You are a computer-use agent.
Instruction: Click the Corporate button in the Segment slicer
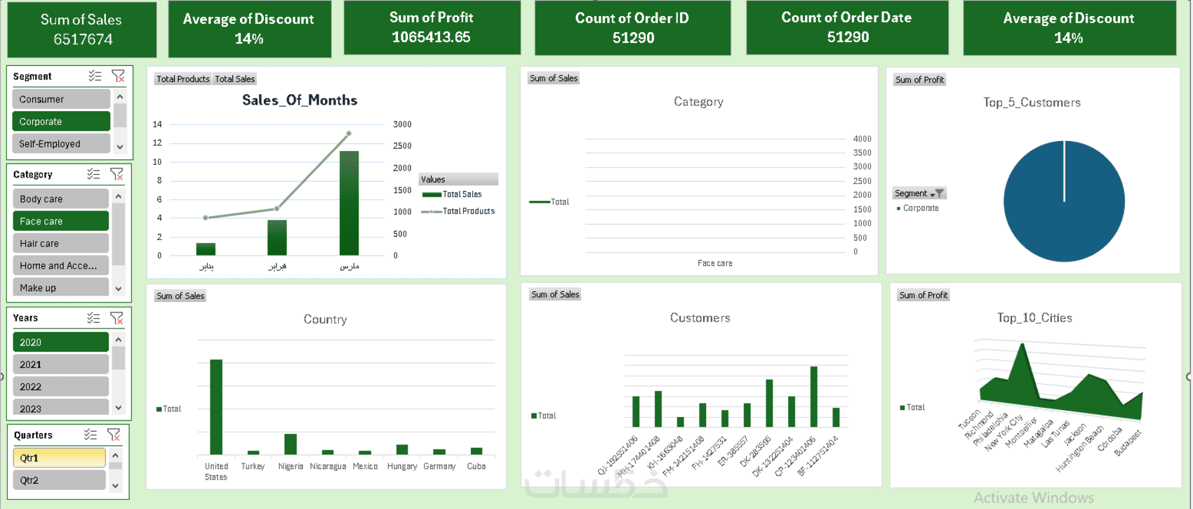click(61, 121)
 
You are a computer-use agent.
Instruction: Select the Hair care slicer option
click(61, 244)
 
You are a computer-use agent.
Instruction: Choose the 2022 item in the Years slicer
click(61, 387)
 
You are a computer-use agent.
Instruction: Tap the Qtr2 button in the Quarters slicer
click(59, 480)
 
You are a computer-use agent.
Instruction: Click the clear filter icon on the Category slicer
click(116, 174)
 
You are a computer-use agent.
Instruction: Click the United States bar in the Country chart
click(216, 406)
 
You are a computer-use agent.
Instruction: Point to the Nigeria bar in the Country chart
click(291, 444)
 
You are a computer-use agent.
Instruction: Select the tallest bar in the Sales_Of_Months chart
click(349, 203)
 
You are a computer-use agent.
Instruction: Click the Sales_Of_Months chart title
click(300, 100)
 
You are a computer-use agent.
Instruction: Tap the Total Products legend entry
click(468, 211)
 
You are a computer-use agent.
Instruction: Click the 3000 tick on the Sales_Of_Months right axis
click(402, 124)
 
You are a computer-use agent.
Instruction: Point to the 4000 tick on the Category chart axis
click(862, 139)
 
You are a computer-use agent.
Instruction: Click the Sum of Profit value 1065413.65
click(431, 37)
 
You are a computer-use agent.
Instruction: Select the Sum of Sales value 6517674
click(83, 39)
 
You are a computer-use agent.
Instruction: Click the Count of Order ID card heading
click(632, 18)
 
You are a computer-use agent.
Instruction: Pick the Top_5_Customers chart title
click(1032, 103)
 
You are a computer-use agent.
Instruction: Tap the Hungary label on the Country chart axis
click(402, 466)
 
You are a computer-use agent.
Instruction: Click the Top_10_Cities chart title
click(1034, 318)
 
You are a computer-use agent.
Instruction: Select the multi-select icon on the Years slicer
click(93, 318)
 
